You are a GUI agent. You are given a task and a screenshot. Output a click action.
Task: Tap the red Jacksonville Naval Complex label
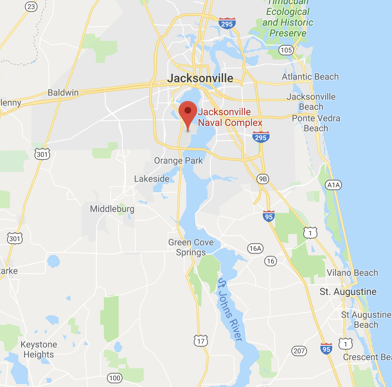tap(230, 117)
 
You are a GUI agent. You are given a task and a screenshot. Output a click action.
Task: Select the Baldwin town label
tap(63, 93)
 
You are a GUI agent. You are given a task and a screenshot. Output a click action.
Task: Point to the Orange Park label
tap(179, 161)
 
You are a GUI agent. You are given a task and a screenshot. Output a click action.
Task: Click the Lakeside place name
tap(151, 179)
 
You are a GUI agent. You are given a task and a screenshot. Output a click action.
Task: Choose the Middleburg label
tap(112, 209)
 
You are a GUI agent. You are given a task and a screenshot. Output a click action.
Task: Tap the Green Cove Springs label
tap(191, 247)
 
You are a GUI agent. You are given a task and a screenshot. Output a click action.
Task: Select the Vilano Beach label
tap(352, 273)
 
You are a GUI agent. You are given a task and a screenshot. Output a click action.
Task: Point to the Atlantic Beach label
tap(310, 77)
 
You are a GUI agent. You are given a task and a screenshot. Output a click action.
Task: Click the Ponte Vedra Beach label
tap(316, 123)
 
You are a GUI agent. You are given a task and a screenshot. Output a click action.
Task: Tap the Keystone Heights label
tap(39, 349)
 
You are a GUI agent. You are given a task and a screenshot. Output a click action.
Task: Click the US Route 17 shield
tap(201, 341)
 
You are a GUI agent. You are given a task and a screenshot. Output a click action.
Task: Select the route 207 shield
tap(299, 351)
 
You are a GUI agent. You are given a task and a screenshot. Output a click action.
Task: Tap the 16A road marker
tap(255, 248)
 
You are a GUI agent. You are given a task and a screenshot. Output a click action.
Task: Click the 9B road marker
tap(263, 179)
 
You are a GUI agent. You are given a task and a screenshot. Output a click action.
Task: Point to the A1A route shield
tap(333, 185)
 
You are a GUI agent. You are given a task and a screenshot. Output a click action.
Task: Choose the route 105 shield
tap(287, 50)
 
